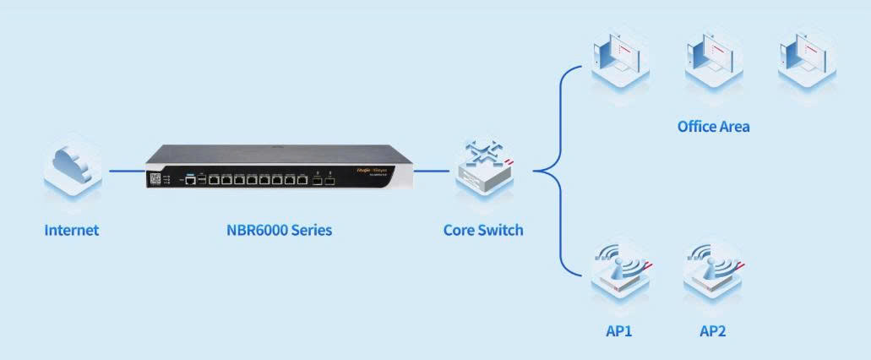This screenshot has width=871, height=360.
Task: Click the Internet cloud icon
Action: pos(73,169)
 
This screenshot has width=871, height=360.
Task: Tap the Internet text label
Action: pos(72,230)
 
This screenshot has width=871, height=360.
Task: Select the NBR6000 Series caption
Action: pos(278,230)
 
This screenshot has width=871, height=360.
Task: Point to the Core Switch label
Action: pos(483,230)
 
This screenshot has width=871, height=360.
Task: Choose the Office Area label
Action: pos(713,127)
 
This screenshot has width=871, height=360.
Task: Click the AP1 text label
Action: pos(619,330)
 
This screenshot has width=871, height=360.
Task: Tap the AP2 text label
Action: pos(712,330)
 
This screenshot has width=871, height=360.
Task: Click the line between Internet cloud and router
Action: pos(127,170)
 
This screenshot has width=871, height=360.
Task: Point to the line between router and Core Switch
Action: pos(432,170)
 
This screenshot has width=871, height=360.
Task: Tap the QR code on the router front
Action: pos(155,179)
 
